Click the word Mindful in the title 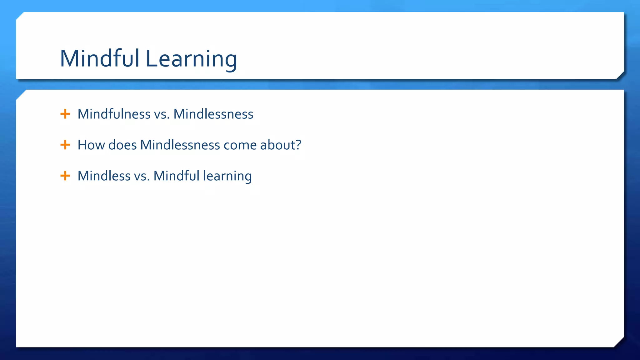[99, 58]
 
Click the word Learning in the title [191, 59]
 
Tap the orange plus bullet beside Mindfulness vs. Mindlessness [65, 114]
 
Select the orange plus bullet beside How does [65, 145]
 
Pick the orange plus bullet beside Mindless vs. [65, 176]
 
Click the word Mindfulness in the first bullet [114, 114]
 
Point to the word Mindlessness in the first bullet [213, 114]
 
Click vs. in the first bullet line [162, 114]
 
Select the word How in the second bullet [91, 145]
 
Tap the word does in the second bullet [122, 145]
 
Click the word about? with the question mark [281, 145]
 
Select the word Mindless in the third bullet [104, 176]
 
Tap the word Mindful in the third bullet [176, 176]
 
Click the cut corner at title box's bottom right [620, 76]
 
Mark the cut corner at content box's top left [20, 94]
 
